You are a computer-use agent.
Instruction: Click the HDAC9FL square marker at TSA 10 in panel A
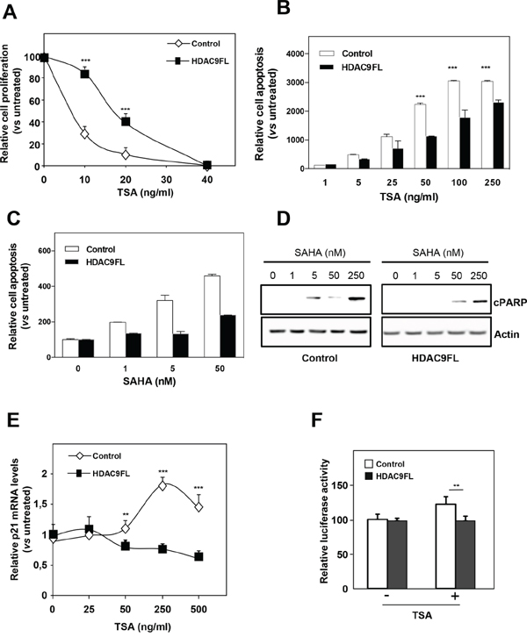(85, 75)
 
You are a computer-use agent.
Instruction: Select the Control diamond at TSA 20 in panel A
(125, 154)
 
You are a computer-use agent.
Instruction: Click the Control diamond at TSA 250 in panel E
(163, 486)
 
